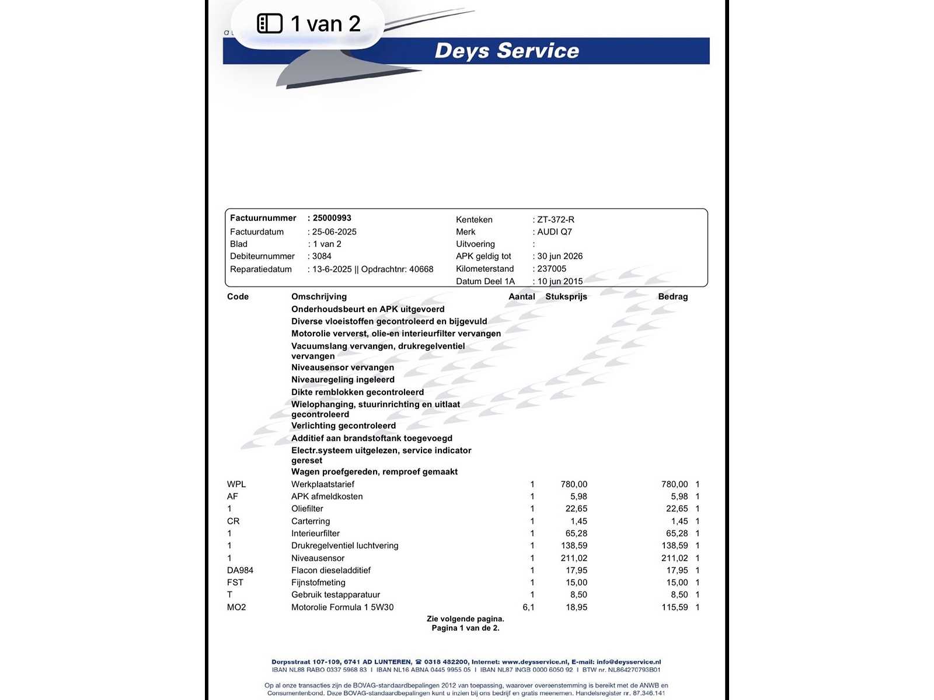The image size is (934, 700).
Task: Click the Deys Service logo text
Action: click(x=507, y=51)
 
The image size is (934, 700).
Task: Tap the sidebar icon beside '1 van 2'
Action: click(x=270, y=23)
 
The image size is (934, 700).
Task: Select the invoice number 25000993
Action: click(x=332, y=218)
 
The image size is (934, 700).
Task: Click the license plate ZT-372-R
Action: click(x=556, y=220)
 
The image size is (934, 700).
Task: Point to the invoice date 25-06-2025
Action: click(x=334, y=232)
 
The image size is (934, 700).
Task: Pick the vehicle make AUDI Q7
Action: click(x=555, y=232)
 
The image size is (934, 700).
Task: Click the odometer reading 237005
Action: click(x=552, y=269)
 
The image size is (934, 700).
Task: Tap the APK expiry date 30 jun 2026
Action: click(x=560, y=256)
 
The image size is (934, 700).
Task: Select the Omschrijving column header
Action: click(x=319, y=296)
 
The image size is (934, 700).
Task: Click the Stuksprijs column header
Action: click(x=566, y=296)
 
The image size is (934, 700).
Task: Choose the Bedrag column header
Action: click(x=672, y=296)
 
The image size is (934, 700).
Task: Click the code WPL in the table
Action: click(x=236, y=484)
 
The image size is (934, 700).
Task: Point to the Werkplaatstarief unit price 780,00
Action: click(x=574, y=484)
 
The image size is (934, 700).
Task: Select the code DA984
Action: click(x=240, y=570)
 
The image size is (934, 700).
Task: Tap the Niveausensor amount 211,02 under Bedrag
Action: click(x=674, y=558)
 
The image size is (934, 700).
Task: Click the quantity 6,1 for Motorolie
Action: click(x=528, y=607)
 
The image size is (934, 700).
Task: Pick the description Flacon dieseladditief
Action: click(x=331, y=570)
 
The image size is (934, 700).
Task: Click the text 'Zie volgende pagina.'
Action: click(x=465, y=619)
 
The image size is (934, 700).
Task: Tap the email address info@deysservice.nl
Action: click(x=628, y=662)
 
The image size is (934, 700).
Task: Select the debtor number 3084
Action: click(x=322, y=256)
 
